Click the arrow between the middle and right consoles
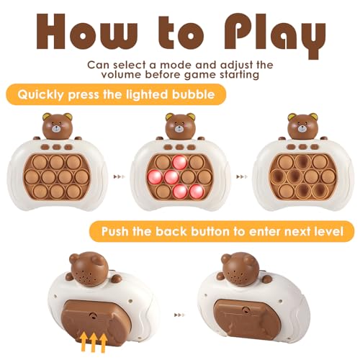pos(240,175)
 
